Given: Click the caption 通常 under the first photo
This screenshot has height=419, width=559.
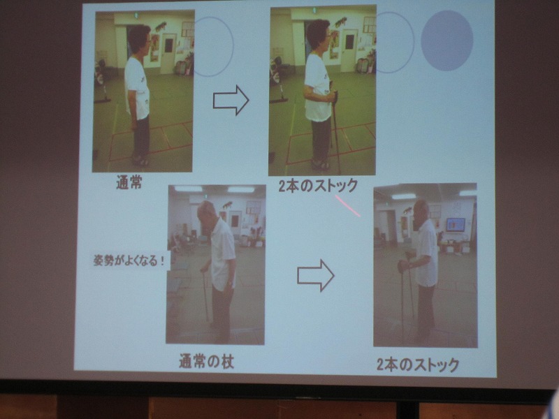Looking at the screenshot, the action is click(x=129, y=182).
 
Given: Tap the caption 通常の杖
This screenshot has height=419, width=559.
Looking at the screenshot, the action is click(x=206, y=361).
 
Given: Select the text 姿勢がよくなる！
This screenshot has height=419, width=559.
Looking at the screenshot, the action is click(x=129, y=260).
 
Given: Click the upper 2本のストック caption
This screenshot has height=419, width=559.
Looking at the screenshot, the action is click(x=318, y=186).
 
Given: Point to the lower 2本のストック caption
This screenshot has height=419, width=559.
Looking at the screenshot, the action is click(x=418, y=365).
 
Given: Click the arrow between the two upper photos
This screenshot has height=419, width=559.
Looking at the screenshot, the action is click(x=231, y=100).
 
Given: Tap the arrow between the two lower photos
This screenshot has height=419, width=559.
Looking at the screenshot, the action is click(x=316, y=275).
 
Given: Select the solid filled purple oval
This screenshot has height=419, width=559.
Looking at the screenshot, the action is click(x=447, y=41).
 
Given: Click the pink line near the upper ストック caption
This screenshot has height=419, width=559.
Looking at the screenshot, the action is click(x=347, y=205).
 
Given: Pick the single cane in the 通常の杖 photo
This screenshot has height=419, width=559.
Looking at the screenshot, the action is click(x=205, y=295).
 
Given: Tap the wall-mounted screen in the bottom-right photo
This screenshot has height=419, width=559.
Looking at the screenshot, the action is click(x=456, y=225).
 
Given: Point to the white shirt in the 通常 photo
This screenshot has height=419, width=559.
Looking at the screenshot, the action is click(x=137, y=89).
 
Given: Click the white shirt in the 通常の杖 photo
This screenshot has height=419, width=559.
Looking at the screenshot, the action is click(x=223, y=254).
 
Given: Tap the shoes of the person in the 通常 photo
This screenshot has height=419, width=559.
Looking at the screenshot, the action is click(x=140, y=161).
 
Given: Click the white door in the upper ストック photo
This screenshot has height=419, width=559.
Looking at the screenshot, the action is click(x=348, y=50).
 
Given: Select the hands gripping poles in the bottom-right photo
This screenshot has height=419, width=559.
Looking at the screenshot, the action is click(x=406, y=262).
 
